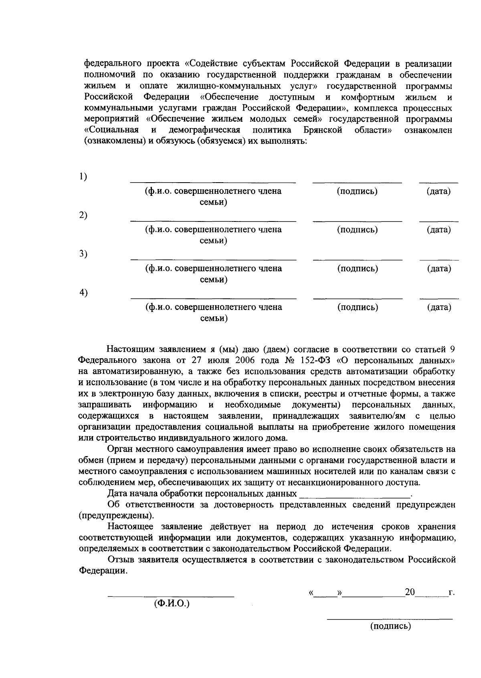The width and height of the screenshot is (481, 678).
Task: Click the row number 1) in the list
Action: click(x=83, y=176)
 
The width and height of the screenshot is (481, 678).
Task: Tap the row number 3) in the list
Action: click(x=83, y=254)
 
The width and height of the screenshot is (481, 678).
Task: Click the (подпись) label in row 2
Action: click(x=357, y=230)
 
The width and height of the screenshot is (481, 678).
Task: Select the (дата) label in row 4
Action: click(x=439, y=308)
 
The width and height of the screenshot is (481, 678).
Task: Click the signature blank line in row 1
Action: click(x=357, y=182)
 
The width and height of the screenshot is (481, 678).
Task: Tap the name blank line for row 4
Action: click(x=214, y=298)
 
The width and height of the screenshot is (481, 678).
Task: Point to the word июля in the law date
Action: click(x=211, y=360)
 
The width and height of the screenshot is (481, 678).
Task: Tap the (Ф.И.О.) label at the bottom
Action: click(x=172, y=604)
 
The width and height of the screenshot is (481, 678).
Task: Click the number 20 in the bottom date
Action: click(x=410, y=592)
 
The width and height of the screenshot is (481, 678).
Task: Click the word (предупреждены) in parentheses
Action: click(x=116, y=515)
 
